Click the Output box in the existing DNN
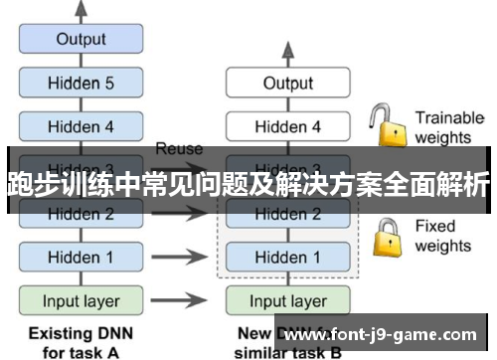pos(81,40)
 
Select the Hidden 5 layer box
pos(81,84)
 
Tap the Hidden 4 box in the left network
pos(81,126)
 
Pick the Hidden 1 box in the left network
pos(81,257)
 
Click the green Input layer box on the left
pos(81,300)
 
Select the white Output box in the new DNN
pos(287,84)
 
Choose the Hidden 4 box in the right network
pos(287,126)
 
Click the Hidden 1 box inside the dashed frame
pos(287,257)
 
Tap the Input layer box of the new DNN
pos(287,300)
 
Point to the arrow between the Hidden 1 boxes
pos(185,257)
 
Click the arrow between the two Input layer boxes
pos(185,300)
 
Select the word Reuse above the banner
pos(179,149)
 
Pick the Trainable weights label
pos(448,126)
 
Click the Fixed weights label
pos(443,236)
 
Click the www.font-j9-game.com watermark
pos(387,336)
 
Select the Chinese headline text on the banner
pos(248,184)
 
